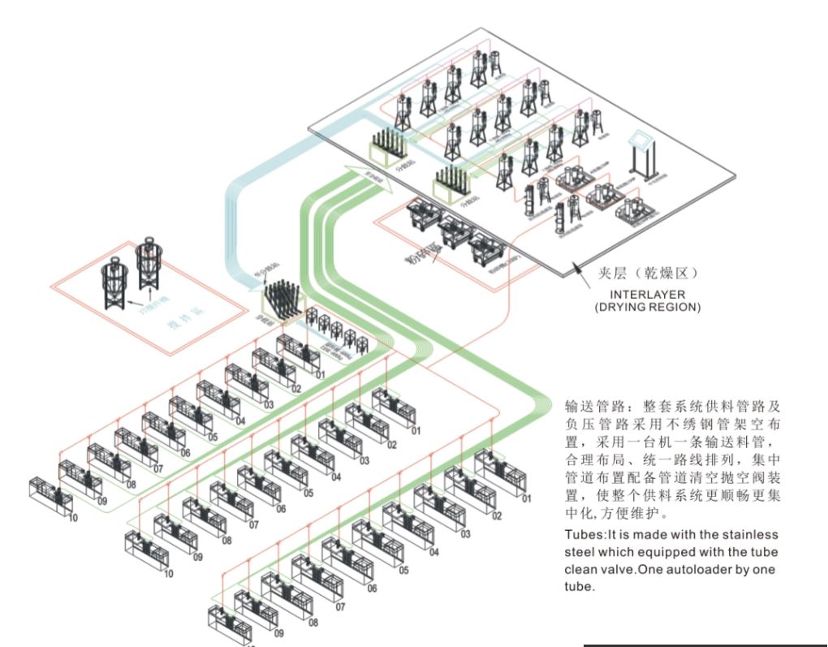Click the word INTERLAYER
(629, 295)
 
